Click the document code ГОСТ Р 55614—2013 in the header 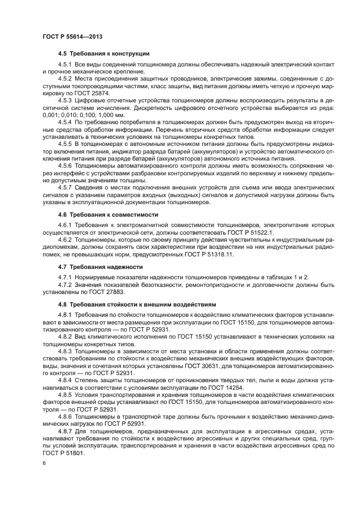pyautogui.click(x=72, y=37)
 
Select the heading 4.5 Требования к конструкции pyautogui.click(x=103, y=53)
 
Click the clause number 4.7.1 pyautogui.click(x=66, y=278)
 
